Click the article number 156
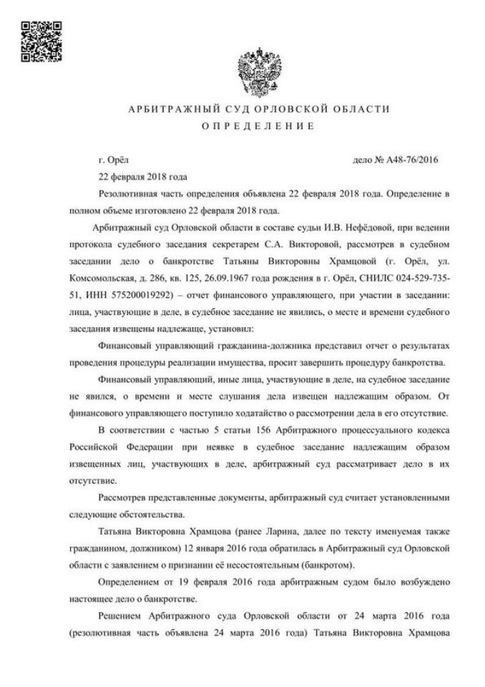coord(258,430)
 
